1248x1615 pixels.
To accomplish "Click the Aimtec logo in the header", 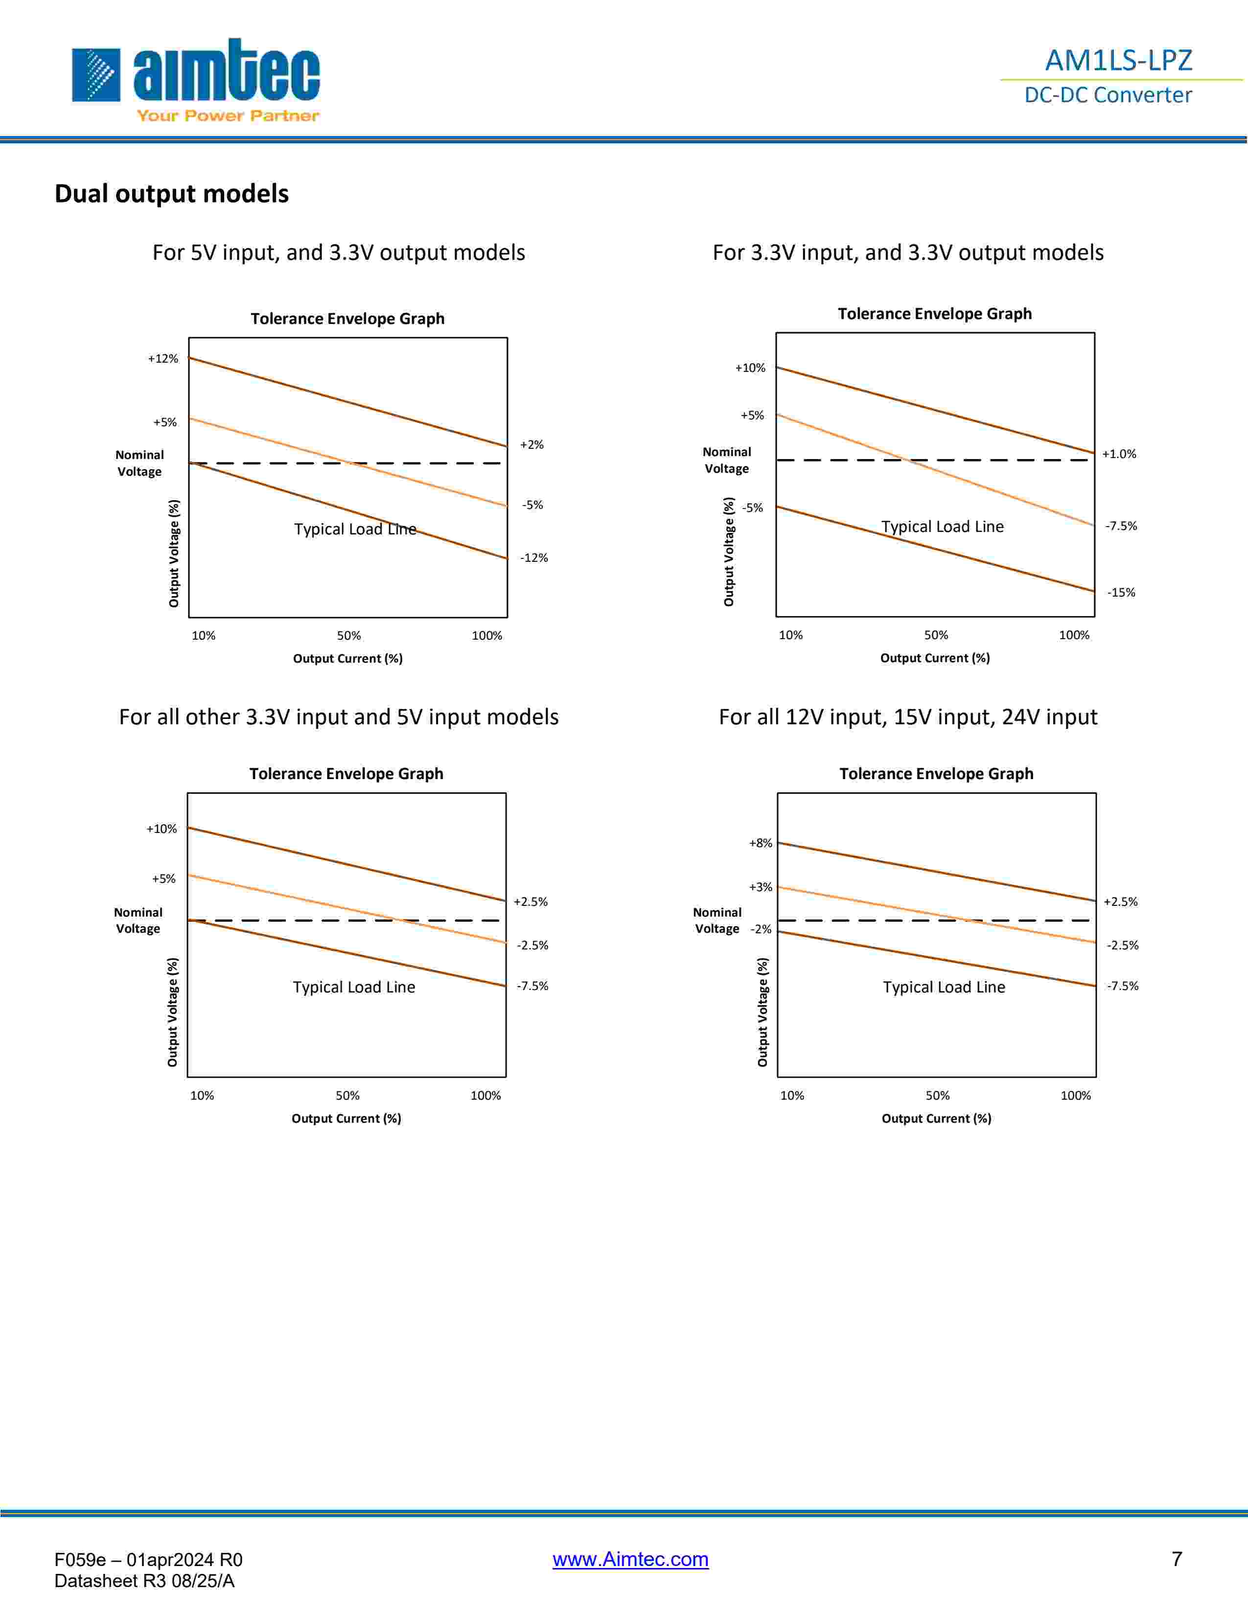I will coord(196,72).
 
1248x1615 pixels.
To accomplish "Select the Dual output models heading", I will coord(171,194).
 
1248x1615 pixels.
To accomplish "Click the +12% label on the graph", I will coord(162,359).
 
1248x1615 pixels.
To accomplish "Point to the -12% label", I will coord(534,557).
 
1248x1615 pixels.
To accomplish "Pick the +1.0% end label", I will coord(1119,454).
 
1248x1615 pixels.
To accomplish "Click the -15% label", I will coord(1121,592).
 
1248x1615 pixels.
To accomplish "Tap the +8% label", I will coord(760,843).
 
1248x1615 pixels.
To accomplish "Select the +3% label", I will coord(760,887).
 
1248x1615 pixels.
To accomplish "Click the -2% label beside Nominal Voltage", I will coord(761,929).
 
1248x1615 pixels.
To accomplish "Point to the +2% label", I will coord(532,444).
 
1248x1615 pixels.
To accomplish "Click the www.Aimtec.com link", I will coord(630,1559).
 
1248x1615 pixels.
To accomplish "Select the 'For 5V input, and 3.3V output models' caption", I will coord(339,253).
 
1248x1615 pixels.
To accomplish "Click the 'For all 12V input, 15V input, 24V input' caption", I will coord(908,717).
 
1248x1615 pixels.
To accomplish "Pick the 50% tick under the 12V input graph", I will coord(938,1095).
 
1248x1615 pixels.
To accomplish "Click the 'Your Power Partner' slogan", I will coord(228,115).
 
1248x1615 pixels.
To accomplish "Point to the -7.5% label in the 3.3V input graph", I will coord(1121,526).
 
